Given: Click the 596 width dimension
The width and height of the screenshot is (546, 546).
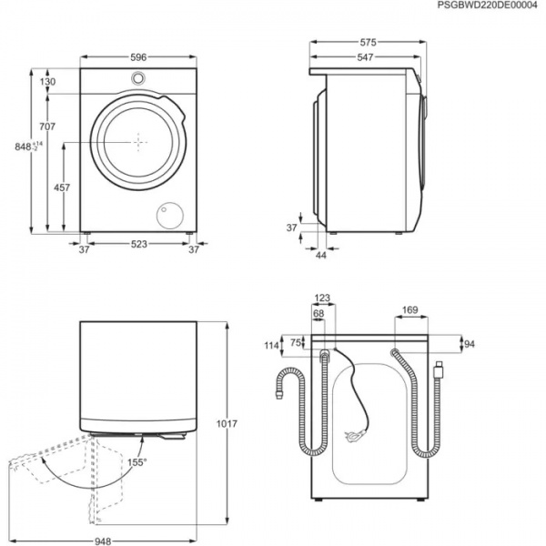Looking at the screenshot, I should (137, 57).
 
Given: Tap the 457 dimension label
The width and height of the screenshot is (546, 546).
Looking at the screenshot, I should (61, 187).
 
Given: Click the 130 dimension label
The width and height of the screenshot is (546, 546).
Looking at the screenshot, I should (47, 82).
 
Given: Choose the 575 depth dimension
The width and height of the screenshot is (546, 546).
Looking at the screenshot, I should (367, 42).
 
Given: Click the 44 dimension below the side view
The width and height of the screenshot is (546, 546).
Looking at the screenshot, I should (320, 256).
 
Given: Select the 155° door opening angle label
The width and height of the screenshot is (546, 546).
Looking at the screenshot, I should (135, 462).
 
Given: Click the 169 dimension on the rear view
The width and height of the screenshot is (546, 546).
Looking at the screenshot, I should (409, 311).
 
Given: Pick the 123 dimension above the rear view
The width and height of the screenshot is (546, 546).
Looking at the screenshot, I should (322, 298).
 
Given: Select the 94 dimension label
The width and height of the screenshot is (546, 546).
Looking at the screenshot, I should (470, 344).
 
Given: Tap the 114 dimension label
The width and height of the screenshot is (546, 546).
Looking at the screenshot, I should (270, 346).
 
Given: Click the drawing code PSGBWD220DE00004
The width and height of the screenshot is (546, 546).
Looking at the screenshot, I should (487, 6).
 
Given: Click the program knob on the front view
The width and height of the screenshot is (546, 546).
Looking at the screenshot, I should (137, 78).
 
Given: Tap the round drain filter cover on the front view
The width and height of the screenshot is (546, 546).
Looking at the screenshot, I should (168, 215).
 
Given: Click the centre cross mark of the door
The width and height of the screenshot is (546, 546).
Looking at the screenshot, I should (137, 142).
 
